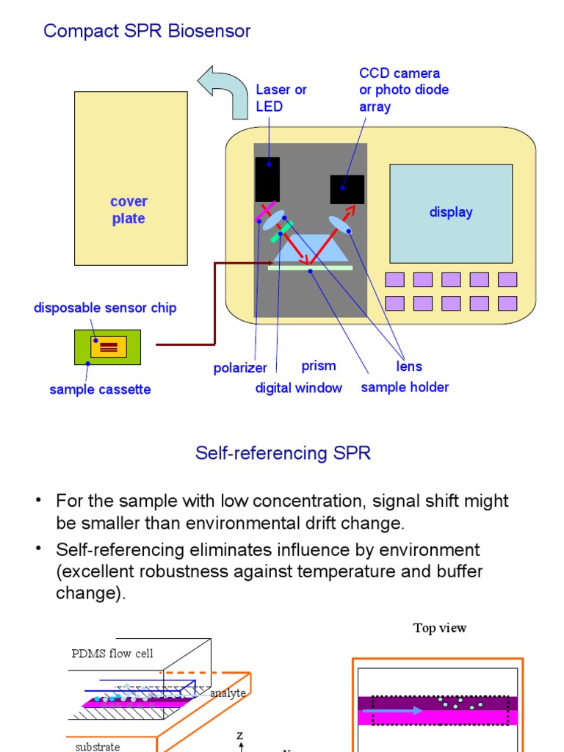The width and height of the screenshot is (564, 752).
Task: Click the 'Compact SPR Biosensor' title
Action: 147,31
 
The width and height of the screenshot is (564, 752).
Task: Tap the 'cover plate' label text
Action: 129,210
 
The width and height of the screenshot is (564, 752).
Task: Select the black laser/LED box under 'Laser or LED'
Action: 267,178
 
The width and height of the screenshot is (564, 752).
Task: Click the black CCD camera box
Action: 347,189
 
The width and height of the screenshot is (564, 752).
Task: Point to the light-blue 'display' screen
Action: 450,213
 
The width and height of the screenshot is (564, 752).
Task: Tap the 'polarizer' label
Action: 240,368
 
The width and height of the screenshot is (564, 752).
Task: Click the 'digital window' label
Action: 298,388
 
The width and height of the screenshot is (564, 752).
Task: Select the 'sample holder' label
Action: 405,387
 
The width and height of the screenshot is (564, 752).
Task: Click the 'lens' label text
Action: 409,366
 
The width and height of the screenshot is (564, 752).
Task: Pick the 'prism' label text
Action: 319,366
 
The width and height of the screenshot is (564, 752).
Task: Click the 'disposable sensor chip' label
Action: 105,308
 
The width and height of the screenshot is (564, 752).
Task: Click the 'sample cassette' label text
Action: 100,389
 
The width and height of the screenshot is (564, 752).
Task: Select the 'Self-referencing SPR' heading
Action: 283,453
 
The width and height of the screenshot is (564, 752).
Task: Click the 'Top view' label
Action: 440,628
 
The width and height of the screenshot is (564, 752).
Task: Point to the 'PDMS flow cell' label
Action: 112,654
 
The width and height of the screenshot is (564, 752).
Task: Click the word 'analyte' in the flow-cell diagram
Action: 228,693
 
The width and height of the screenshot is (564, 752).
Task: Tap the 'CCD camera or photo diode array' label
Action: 403,90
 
